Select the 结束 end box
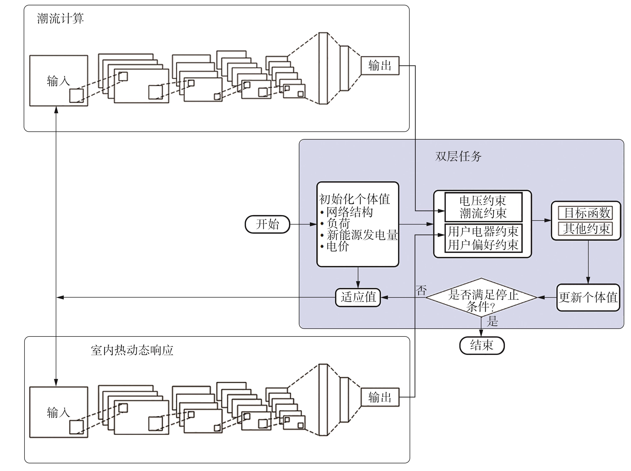point(482,345)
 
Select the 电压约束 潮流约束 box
point(483,207)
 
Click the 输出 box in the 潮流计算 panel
point(380,66)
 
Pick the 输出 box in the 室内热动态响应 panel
point(380,397)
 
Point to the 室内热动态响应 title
point(132,350)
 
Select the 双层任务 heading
point(458,156)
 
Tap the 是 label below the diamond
point(492,321)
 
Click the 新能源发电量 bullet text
point(362,235)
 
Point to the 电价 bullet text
point(338,246)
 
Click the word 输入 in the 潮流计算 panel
point(58,81)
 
